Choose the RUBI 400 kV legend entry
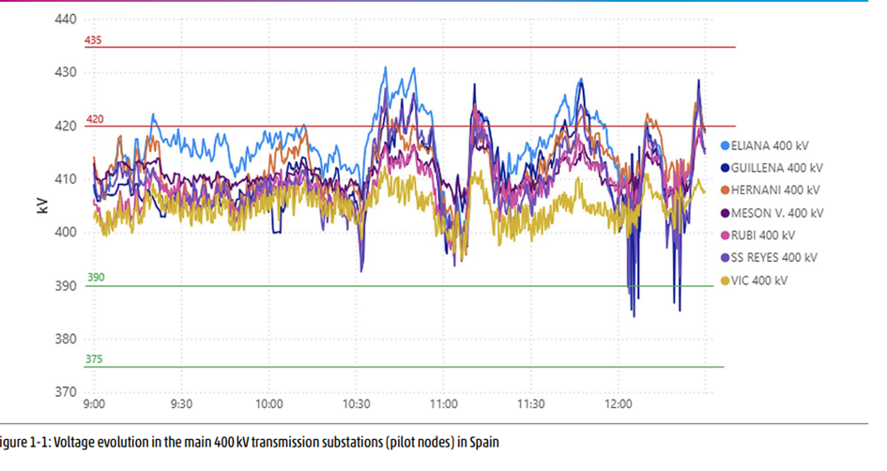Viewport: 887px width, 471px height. coord(762,235)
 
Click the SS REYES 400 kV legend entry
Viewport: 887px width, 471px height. coord(773,257)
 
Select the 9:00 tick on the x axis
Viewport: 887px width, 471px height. coord(94,405)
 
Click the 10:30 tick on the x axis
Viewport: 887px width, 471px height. coord(357,405)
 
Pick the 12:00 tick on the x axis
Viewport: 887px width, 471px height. coord(619,405)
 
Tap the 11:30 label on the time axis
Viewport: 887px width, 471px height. coord(531,405)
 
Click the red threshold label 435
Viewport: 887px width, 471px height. coord(93,41)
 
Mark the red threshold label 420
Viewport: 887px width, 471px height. coord(93,120)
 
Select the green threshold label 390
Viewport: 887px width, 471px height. coord(95,278)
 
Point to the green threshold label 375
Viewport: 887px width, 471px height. coord(95,359)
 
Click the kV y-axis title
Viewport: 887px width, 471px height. coord(43,205)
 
